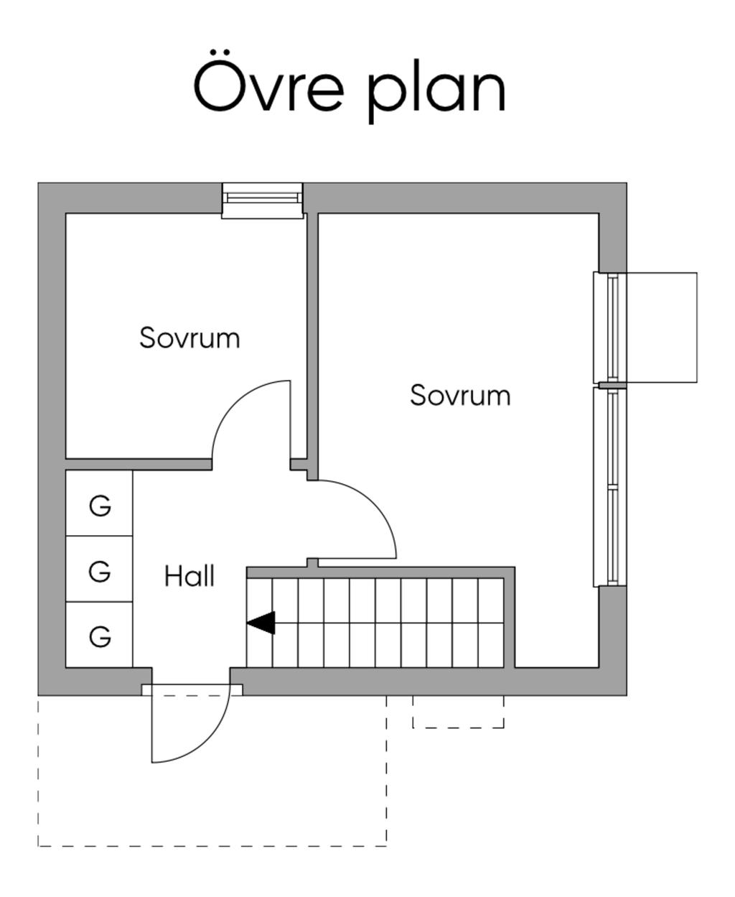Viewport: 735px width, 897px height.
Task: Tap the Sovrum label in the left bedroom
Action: [189, 338]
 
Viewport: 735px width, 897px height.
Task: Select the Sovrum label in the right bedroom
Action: [460, 395]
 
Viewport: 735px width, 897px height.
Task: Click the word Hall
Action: [189, 576]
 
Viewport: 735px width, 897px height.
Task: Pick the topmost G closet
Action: [100, 506]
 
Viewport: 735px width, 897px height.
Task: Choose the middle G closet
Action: [100, 572]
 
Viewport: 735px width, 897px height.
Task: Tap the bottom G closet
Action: [100, 636]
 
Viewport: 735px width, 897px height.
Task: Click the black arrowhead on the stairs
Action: [262, 623]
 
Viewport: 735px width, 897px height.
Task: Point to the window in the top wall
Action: [262, 200]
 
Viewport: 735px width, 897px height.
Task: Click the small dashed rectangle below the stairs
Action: [458, 712]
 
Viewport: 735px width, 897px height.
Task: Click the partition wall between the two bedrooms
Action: [312, 338]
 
